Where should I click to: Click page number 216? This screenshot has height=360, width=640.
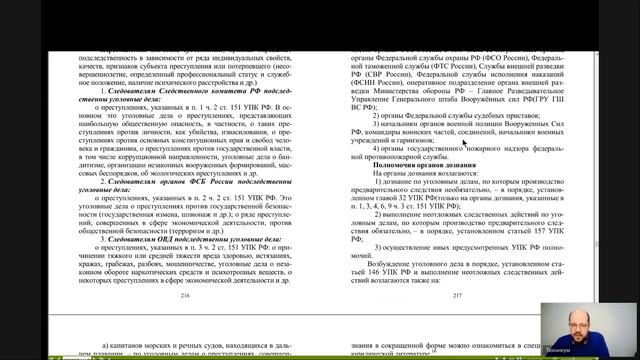[183, 296]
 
